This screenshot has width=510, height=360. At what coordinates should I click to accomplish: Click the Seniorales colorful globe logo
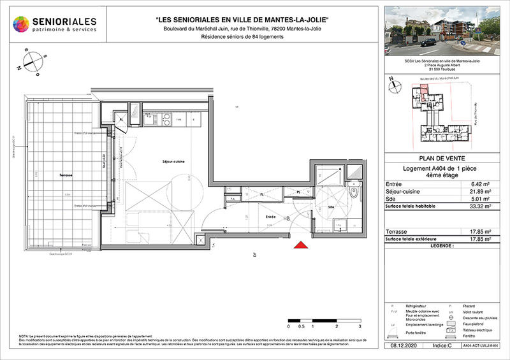22,25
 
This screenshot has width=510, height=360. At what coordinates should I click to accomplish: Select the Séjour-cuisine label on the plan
173,162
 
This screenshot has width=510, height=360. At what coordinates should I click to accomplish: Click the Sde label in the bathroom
332,207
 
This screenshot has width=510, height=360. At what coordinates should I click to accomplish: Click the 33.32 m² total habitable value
478,207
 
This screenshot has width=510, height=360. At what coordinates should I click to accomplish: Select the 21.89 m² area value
478,192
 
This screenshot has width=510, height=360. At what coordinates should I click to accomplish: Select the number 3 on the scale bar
360,326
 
